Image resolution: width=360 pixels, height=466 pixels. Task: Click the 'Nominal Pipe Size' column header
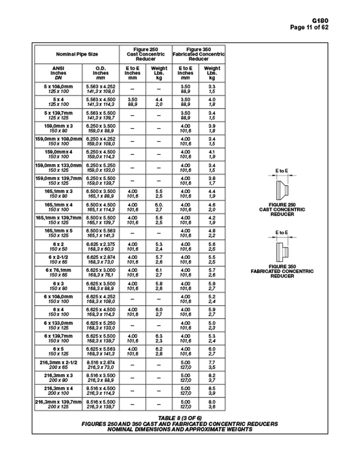pyautogui.click(x=76, y=55)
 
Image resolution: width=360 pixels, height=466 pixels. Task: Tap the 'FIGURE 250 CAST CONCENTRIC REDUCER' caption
pyautogui.click(x=282, y=209)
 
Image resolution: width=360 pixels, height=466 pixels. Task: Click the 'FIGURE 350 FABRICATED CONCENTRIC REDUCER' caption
pyautogui.click(x=282, y=271)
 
